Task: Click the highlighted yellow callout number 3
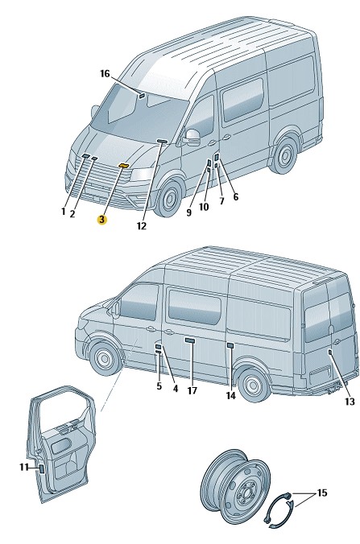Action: click(102, 220)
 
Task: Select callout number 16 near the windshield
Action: click(105, 73)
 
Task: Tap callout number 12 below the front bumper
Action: click(141, 226)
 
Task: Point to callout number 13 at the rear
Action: click(350, 402)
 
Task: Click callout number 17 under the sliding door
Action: click(192, 390)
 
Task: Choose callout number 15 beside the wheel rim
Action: click(322, 492)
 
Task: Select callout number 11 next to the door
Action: click(23, 468)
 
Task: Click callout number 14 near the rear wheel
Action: click(231, 395)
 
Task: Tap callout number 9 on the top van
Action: click(188, 212)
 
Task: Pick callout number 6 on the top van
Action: click(236, 196)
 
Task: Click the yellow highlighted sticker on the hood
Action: click(123, 166)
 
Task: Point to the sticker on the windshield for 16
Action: click(142, 96)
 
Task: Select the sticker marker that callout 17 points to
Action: click(189, 340)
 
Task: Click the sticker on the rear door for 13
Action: click(329, 352)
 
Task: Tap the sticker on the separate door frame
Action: click(41, 469)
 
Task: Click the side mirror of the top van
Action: click(192, 137)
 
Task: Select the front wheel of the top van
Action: click(169, 199)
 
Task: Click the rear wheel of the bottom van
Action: click(252, 385)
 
